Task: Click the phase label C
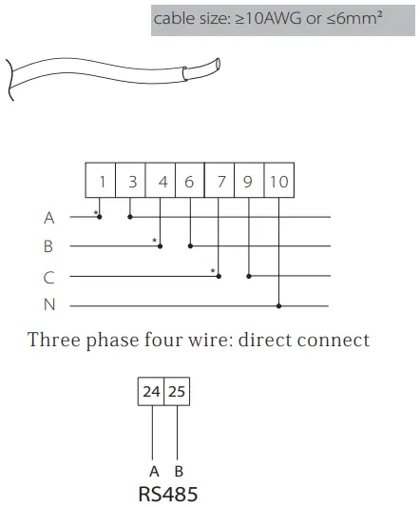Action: click(49, 278)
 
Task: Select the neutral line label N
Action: click(49, 306)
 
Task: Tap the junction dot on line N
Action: click(278, 306)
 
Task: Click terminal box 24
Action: click(152, 391)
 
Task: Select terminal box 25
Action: click(177, 391)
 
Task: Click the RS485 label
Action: click(167, 494)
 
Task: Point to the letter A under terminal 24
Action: click(153, 471)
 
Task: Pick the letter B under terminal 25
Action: click(179, 471)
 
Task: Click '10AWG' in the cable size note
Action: click(265, 18)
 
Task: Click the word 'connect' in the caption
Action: click(335, 340)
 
